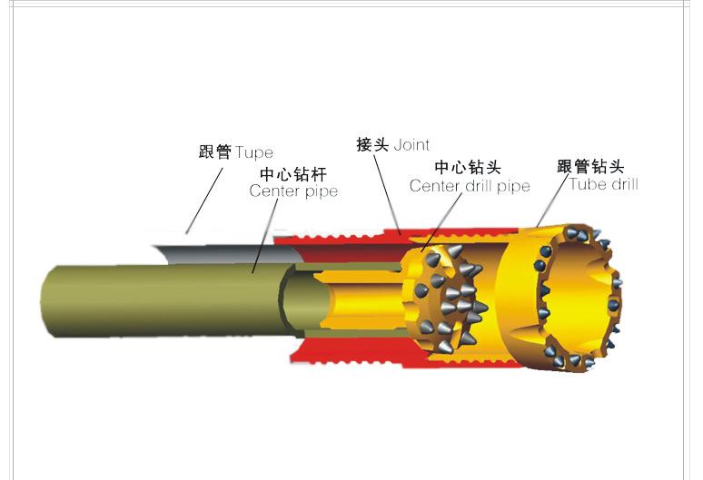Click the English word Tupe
[x=253, y=153]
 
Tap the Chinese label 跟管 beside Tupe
[x=214, y=152]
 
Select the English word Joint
[x=411, y=145]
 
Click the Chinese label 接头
[x=372, y=144]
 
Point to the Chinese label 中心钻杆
[x=293, y=173]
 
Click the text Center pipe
[x=293, y=191]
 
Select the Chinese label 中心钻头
[x=468, y=168]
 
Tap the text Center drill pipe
[x=470, y=186]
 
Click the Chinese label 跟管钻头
[x=590, y=167]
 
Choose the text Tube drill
[x=603, y=184]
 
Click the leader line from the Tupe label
[x=204, y=201]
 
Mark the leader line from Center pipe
[x=265, y=236]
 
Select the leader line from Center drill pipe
[x=441, y=222]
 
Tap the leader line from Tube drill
[x=552, y=201]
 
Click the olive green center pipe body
[x=162, y=301]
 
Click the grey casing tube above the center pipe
[x=229, y=254]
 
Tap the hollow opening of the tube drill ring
[x=579, y=298]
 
